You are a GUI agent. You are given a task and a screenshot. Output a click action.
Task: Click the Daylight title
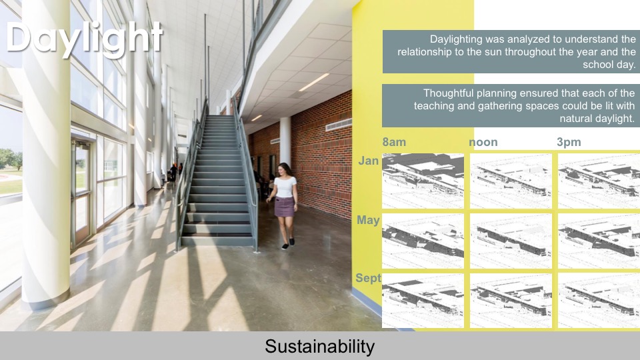pos(85,37)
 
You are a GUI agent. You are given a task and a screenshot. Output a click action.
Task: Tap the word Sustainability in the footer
pos(319,347)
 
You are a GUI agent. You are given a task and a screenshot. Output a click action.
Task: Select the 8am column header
pos(394,142)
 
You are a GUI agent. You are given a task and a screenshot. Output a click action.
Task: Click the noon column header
pos(483,142)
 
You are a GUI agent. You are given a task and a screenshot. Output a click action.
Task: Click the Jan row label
pos(369,161)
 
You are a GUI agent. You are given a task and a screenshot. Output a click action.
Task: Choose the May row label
pos(368,220)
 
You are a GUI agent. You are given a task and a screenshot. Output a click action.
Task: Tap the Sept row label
pos(368,279)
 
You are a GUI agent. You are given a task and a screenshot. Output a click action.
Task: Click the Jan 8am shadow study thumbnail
pos(423,181)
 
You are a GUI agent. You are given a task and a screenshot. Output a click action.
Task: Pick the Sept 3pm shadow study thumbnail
pos(598,300)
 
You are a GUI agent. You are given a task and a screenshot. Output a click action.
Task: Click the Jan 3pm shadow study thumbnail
pos(598,181)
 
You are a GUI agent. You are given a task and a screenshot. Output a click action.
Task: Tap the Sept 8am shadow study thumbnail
pos(423,300)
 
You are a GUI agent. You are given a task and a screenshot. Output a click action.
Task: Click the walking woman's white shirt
pos(285,187)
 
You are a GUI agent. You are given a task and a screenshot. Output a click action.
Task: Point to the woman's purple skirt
pos(285,207)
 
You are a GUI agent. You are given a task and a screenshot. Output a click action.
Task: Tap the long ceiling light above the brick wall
pos(314,82)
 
